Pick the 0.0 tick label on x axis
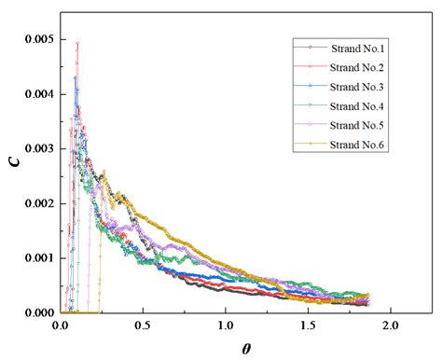pyautogui.click(x=61, y=326)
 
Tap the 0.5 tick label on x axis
pyautogui.click(x=143, y=326)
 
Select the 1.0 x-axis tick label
pyautogui.click(x=225, y=326)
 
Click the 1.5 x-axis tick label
pyautogui.click(x=307, y=326)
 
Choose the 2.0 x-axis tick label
pyautogui.click(x=389, y=326)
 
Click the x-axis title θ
pyautogui.click(x=245, y=347)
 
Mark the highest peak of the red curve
pyautogui.click(x=77, y=42)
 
